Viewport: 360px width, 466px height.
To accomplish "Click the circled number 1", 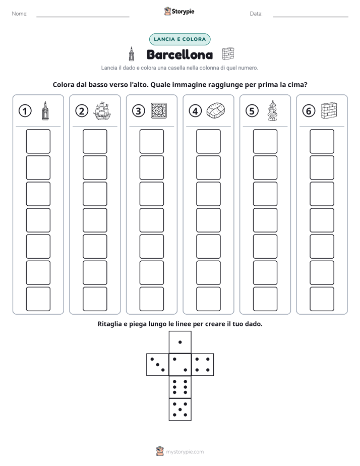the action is point(25,111).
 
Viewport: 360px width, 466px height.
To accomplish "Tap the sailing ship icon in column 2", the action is point(102,111).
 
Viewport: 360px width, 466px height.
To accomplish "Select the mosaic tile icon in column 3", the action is point(159,111).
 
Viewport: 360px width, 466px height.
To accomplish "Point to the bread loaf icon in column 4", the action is point(216,110).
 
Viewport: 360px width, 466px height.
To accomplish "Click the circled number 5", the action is point(252,111).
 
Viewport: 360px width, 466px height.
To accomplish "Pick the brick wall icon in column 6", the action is point(329,110).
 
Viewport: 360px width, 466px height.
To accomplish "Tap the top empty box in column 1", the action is point(38,141).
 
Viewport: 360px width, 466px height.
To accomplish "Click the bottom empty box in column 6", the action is point(322,299).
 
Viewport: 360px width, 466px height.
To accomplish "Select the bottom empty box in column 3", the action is point(152,299).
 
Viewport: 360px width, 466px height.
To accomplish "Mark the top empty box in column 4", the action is point(209,141).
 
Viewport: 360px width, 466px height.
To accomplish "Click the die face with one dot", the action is point(180,342).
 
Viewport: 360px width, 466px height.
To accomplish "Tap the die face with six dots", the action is point(180,387).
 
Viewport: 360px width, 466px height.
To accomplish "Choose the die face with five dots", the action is point(180,410).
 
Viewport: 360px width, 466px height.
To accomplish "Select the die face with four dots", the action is point(203,365).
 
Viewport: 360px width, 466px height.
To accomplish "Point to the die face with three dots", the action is point(158,365).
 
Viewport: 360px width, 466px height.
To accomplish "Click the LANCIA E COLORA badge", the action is point(179,39).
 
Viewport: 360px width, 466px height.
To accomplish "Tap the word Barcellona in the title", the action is point(179,54).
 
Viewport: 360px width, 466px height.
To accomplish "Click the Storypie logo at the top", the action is point(179,11).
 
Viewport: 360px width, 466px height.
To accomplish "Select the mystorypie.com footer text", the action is point(185,452).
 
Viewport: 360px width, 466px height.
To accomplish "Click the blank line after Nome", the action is point(83,17).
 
